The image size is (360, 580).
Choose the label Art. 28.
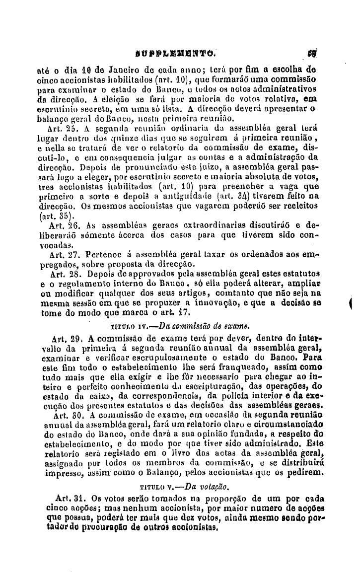[x=63, y=273]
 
